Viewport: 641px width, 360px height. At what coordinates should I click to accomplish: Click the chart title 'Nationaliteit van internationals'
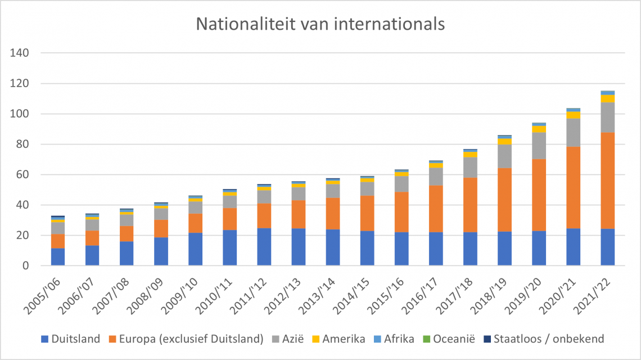click(320, 24)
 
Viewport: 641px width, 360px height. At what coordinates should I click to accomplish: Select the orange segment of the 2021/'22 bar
click(607, 181)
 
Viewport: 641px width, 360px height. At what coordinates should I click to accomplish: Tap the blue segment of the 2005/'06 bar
click(58, 256)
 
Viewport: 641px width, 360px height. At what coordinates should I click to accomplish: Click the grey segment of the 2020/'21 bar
click(573, 132)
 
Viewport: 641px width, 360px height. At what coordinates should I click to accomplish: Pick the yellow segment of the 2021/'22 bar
click(607, 98)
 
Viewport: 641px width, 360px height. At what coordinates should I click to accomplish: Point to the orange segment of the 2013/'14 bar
click(332, 213)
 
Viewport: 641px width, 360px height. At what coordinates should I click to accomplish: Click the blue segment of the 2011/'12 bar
click(264, 246)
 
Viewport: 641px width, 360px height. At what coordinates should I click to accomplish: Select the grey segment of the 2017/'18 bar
click(470, 167)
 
